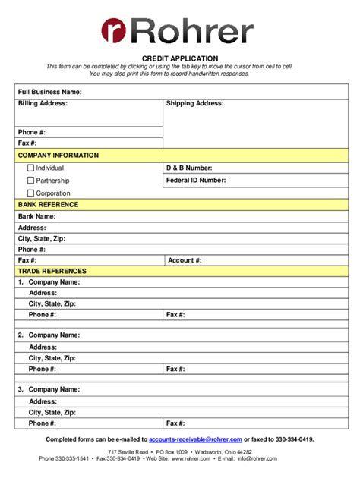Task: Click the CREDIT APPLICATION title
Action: point(180,58)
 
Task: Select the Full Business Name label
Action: point(49,92)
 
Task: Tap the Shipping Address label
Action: point(194,103)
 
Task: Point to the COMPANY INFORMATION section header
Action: point(58,156)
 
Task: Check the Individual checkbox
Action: point(30,168)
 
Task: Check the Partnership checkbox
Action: point(30,181)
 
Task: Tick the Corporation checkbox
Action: point(30,193)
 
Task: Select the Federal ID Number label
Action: point(196,181)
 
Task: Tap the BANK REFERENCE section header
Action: point(48,205)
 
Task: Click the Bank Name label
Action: point(36,216)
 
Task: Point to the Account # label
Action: point(185,260)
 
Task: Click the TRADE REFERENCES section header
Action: point(52,271)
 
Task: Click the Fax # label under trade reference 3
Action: point(175,423)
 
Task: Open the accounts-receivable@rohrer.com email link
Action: point(195,439)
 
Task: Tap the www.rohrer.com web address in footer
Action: point(191,458)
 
